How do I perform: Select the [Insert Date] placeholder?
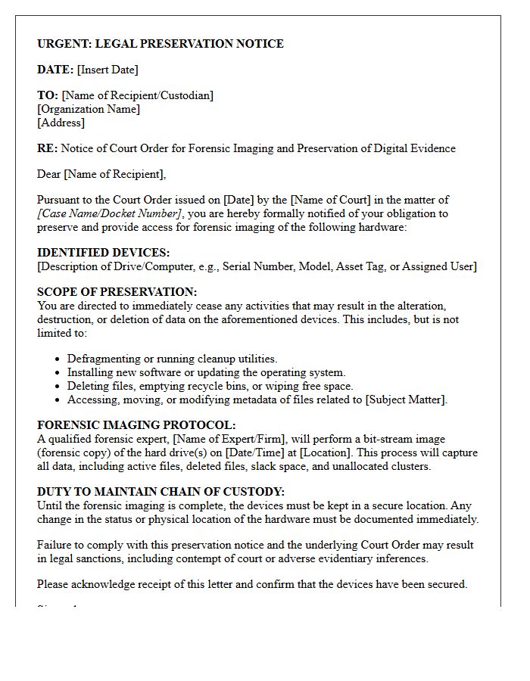[x=108, y=70]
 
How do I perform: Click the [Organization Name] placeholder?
[x=89, y=109]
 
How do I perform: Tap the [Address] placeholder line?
[x=61, y=123]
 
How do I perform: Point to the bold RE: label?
[x=47, y=148]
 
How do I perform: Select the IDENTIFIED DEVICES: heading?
[x=103, y=253]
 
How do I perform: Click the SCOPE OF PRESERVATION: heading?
[x=117, y=292]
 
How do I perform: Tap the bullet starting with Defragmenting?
[x=172, y=359]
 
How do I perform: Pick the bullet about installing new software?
[x=206, y=372]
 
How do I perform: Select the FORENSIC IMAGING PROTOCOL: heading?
[x=136, y=425]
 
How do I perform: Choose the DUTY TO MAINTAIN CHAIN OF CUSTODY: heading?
[x=161, y=492]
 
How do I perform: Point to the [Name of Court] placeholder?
[x=331, y=200]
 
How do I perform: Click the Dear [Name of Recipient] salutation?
[x=101, y=174]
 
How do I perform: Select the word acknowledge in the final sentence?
[x=101, y=584]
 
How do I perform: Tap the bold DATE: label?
[x=55, y=70]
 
